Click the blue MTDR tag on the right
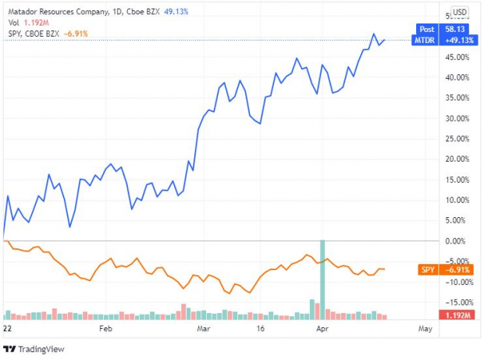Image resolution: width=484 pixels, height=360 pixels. tap(442, 39)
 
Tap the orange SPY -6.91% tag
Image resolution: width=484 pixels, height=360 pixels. tap(442, 269)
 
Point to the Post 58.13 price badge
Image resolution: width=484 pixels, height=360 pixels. tap(442, 28)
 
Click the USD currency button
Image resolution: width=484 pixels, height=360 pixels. tap(459, 12)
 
